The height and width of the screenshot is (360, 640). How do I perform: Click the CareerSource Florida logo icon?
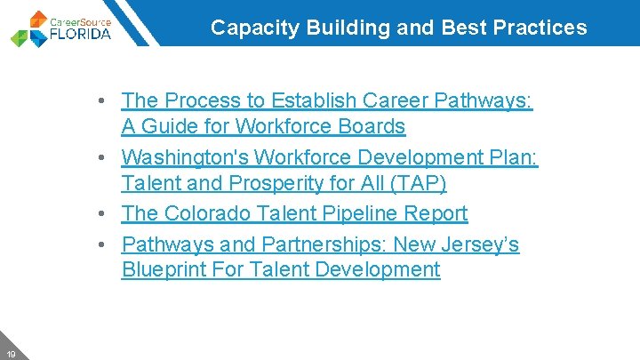28,28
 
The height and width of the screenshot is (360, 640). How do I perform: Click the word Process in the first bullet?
198,100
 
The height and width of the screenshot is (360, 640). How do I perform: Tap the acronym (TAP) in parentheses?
417,184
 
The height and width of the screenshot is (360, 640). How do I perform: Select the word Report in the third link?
434,213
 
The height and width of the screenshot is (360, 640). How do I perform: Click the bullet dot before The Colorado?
107,213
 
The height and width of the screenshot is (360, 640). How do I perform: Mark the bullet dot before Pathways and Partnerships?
107,244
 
